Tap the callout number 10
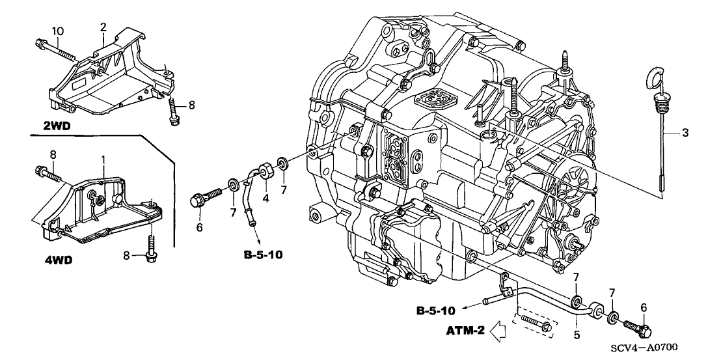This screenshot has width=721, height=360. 57,31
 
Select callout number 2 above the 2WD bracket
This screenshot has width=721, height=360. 103,27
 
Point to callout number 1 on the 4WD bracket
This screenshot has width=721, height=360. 103,159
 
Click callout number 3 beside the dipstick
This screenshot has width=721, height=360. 685,133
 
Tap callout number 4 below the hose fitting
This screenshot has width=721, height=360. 265,198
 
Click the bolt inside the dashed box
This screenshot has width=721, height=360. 537,324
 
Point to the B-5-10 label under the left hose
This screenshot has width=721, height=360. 263,254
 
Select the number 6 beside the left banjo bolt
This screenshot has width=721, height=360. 200,227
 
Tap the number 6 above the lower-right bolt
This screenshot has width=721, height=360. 643,308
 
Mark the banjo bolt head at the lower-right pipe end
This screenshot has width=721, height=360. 642,328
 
